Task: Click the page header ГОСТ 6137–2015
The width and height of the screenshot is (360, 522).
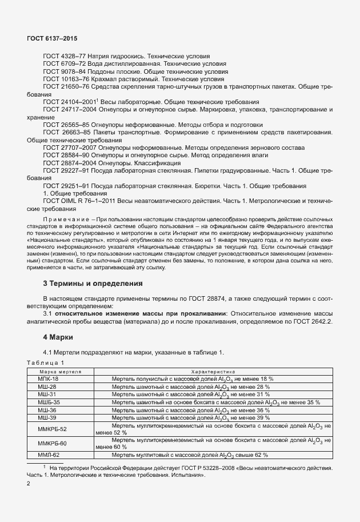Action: [x=52, y=38]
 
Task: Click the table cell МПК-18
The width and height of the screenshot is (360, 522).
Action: [x=48, y=378]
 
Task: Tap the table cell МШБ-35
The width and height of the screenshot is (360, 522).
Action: [x=49, y=402]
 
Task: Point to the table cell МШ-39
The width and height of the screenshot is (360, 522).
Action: [x=47, y=417]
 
